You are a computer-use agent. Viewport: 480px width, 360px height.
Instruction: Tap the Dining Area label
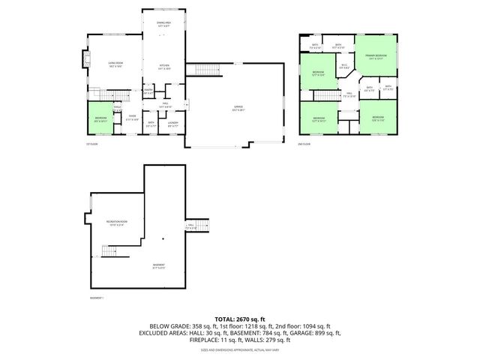pyautogui.click(x=163, y=24)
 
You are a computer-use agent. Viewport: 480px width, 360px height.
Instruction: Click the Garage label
pyautogui.click(x=237, y=108)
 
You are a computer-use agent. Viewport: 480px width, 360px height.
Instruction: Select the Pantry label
pyautogui.click(x=148, y=91)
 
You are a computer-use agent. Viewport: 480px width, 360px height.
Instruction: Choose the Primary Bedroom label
pyautogui.click(x=376, y=57)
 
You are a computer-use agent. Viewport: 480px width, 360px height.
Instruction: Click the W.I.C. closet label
pyautogui.click(x=343, y=66)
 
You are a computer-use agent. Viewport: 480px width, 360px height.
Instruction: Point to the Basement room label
pyautogui.click(x=158, y=265)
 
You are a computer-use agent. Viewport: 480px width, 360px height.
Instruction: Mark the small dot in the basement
pyautogui.click(x=161, y=240)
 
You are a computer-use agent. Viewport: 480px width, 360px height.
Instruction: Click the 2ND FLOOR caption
pyautogui.click(x=304, y=143)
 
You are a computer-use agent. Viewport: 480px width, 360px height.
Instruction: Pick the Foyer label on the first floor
pyautogui.click(x=132, y=116)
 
